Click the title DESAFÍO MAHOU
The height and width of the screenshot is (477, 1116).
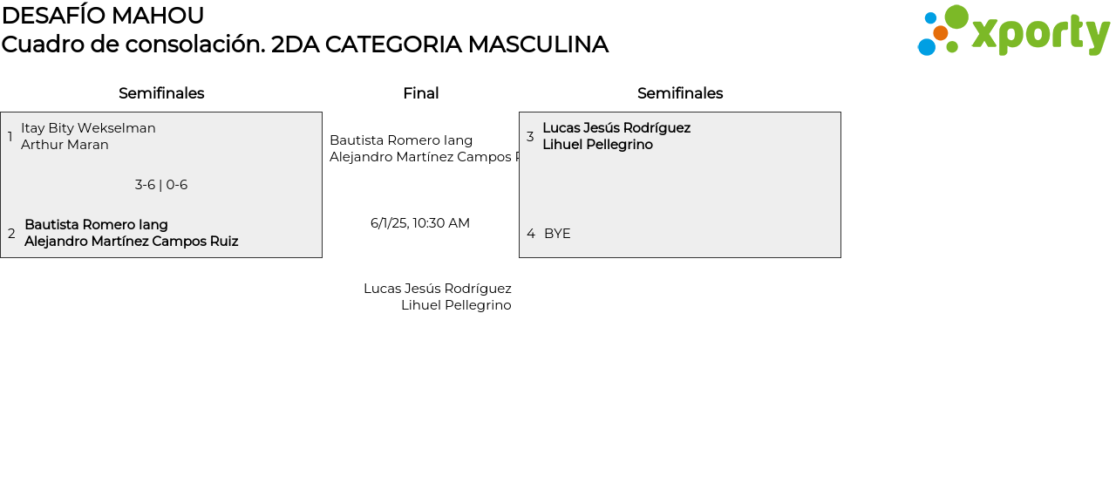click(103, 16)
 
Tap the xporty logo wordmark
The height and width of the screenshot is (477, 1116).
click(1040, 34)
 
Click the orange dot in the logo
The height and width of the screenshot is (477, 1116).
click(940, 33)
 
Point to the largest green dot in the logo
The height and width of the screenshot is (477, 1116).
click(956, 17)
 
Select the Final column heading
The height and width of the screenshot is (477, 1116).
click(420, 93)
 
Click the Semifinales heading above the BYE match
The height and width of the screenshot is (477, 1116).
click(680, 93)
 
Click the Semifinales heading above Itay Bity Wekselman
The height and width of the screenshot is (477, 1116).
click(161, 93)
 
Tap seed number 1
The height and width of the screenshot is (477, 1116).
click(10, 137)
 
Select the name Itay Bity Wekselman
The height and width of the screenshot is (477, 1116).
click(88, 128)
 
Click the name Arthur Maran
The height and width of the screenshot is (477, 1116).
click(65, 145)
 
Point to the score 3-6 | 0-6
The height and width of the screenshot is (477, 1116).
click(161, 185)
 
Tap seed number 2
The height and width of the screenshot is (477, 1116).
click(11, 234)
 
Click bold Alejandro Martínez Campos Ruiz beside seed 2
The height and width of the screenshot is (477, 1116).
click(131, 242)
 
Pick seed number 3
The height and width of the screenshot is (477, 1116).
click(529, 137)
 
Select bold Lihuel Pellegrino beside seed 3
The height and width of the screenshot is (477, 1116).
click(597, 145)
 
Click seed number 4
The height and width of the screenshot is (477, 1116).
click(530, 234)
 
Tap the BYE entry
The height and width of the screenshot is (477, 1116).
click(557, 234)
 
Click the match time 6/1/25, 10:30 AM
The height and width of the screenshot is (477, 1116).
click(420, 223)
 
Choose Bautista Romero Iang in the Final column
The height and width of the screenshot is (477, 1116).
click(401, 140)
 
